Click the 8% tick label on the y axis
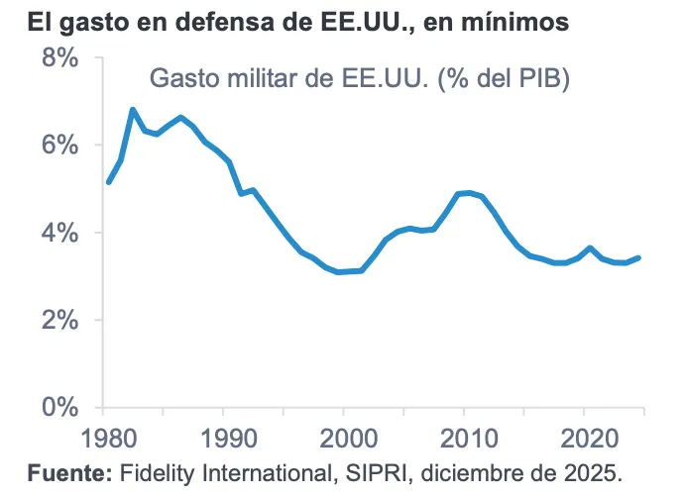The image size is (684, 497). point(58,58)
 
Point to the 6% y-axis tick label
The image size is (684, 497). point(58,146)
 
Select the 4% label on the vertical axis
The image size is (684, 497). point(58,234)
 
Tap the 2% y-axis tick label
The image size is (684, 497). point(58,321)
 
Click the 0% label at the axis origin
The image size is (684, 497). point(58,408)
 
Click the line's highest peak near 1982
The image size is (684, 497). point(133,110)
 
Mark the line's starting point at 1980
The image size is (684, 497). point(108,181)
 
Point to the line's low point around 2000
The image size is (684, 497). point(340,271)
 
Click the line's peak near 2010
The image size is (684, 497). point(469,193)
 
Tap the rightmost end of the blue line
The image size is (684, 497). point(638,257)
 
